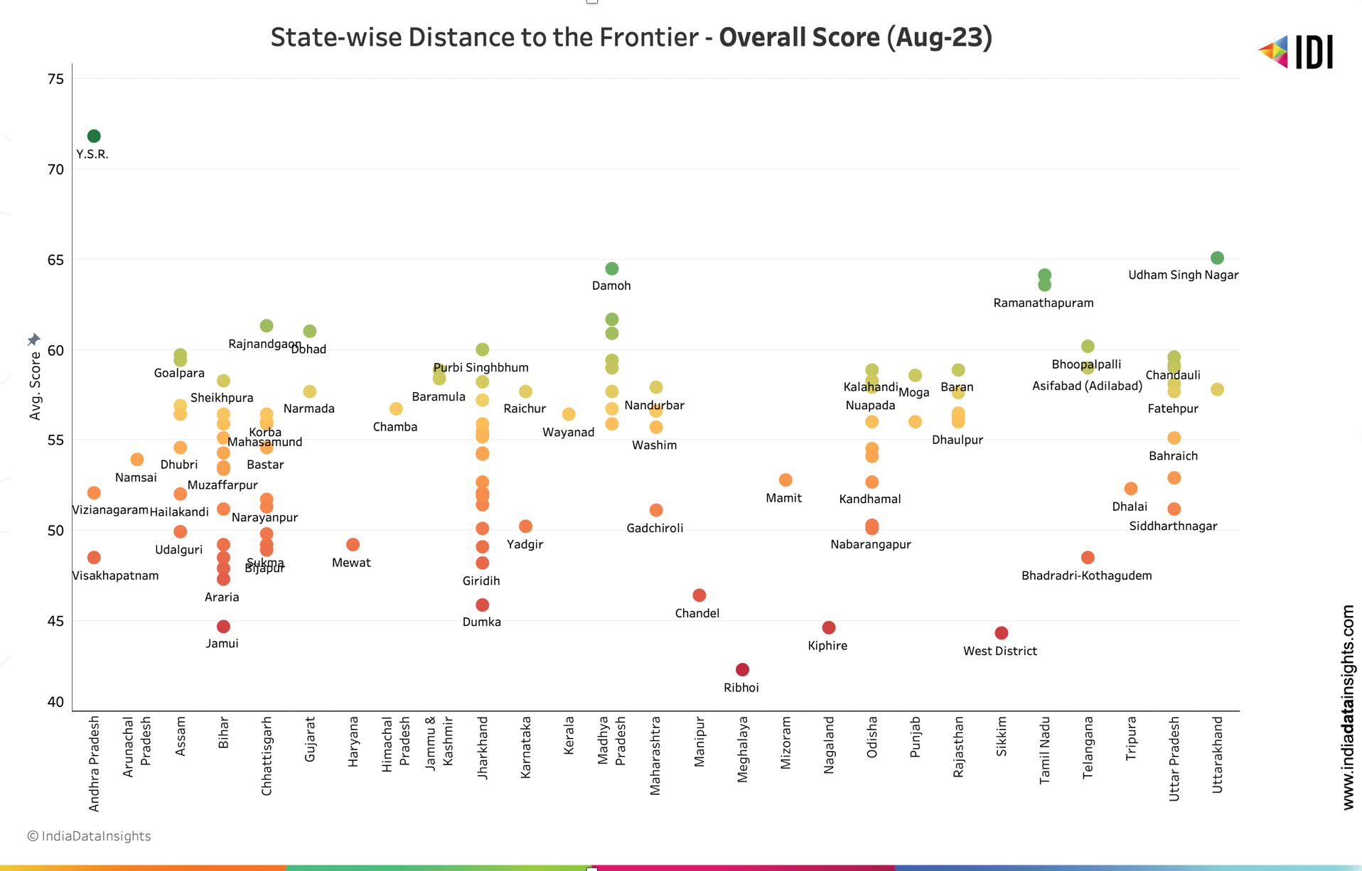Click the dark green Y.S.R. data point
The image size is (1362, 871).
click(x=94, y=136)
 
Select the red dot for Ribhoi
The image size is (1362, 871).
click(x=742, y=669)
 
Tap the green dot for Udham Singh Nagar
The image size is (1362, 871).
click(x=1217, y=258)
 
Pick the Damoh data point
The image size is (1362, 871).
click(x=612, y=269)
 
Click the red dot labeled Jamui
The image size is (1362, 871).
click(x=223, y=626)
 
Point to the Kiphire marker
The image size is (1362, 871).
click(x=828, y=627)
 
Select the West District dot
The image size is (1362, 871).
click(x=1001, y=632)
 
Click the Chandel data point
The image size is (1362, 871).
click(x=699, y=595)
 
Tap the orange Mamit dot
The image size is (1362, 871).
click(x=785, y=480)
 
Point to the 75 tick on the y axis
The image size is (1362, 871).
click(x=55, y=79)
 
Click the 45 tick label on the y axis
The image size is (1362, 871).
click(x=55, y=621)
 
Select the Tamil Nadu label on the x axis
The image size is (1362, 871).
click(x=1044, y=750)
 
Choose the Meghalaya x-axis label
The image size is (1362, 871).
click(x=742, y=749)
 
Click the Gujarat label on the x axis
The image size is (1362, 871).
click(x=310, y=739)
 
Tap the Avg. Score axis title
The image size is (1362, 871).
click(x=35, y=385)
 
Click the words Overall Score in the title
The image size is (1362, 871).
click(x=798, y=37)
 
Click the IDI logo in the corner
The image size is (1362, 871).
click(x=1296, y=52)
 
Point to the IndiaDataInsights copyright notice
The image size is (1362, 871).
click(x=89, y=836)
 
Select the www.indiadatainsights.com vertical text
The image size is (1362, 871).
click(x=1348, y=707)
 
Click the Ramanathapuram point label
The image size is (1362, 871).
click(x=1043, y=303)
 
